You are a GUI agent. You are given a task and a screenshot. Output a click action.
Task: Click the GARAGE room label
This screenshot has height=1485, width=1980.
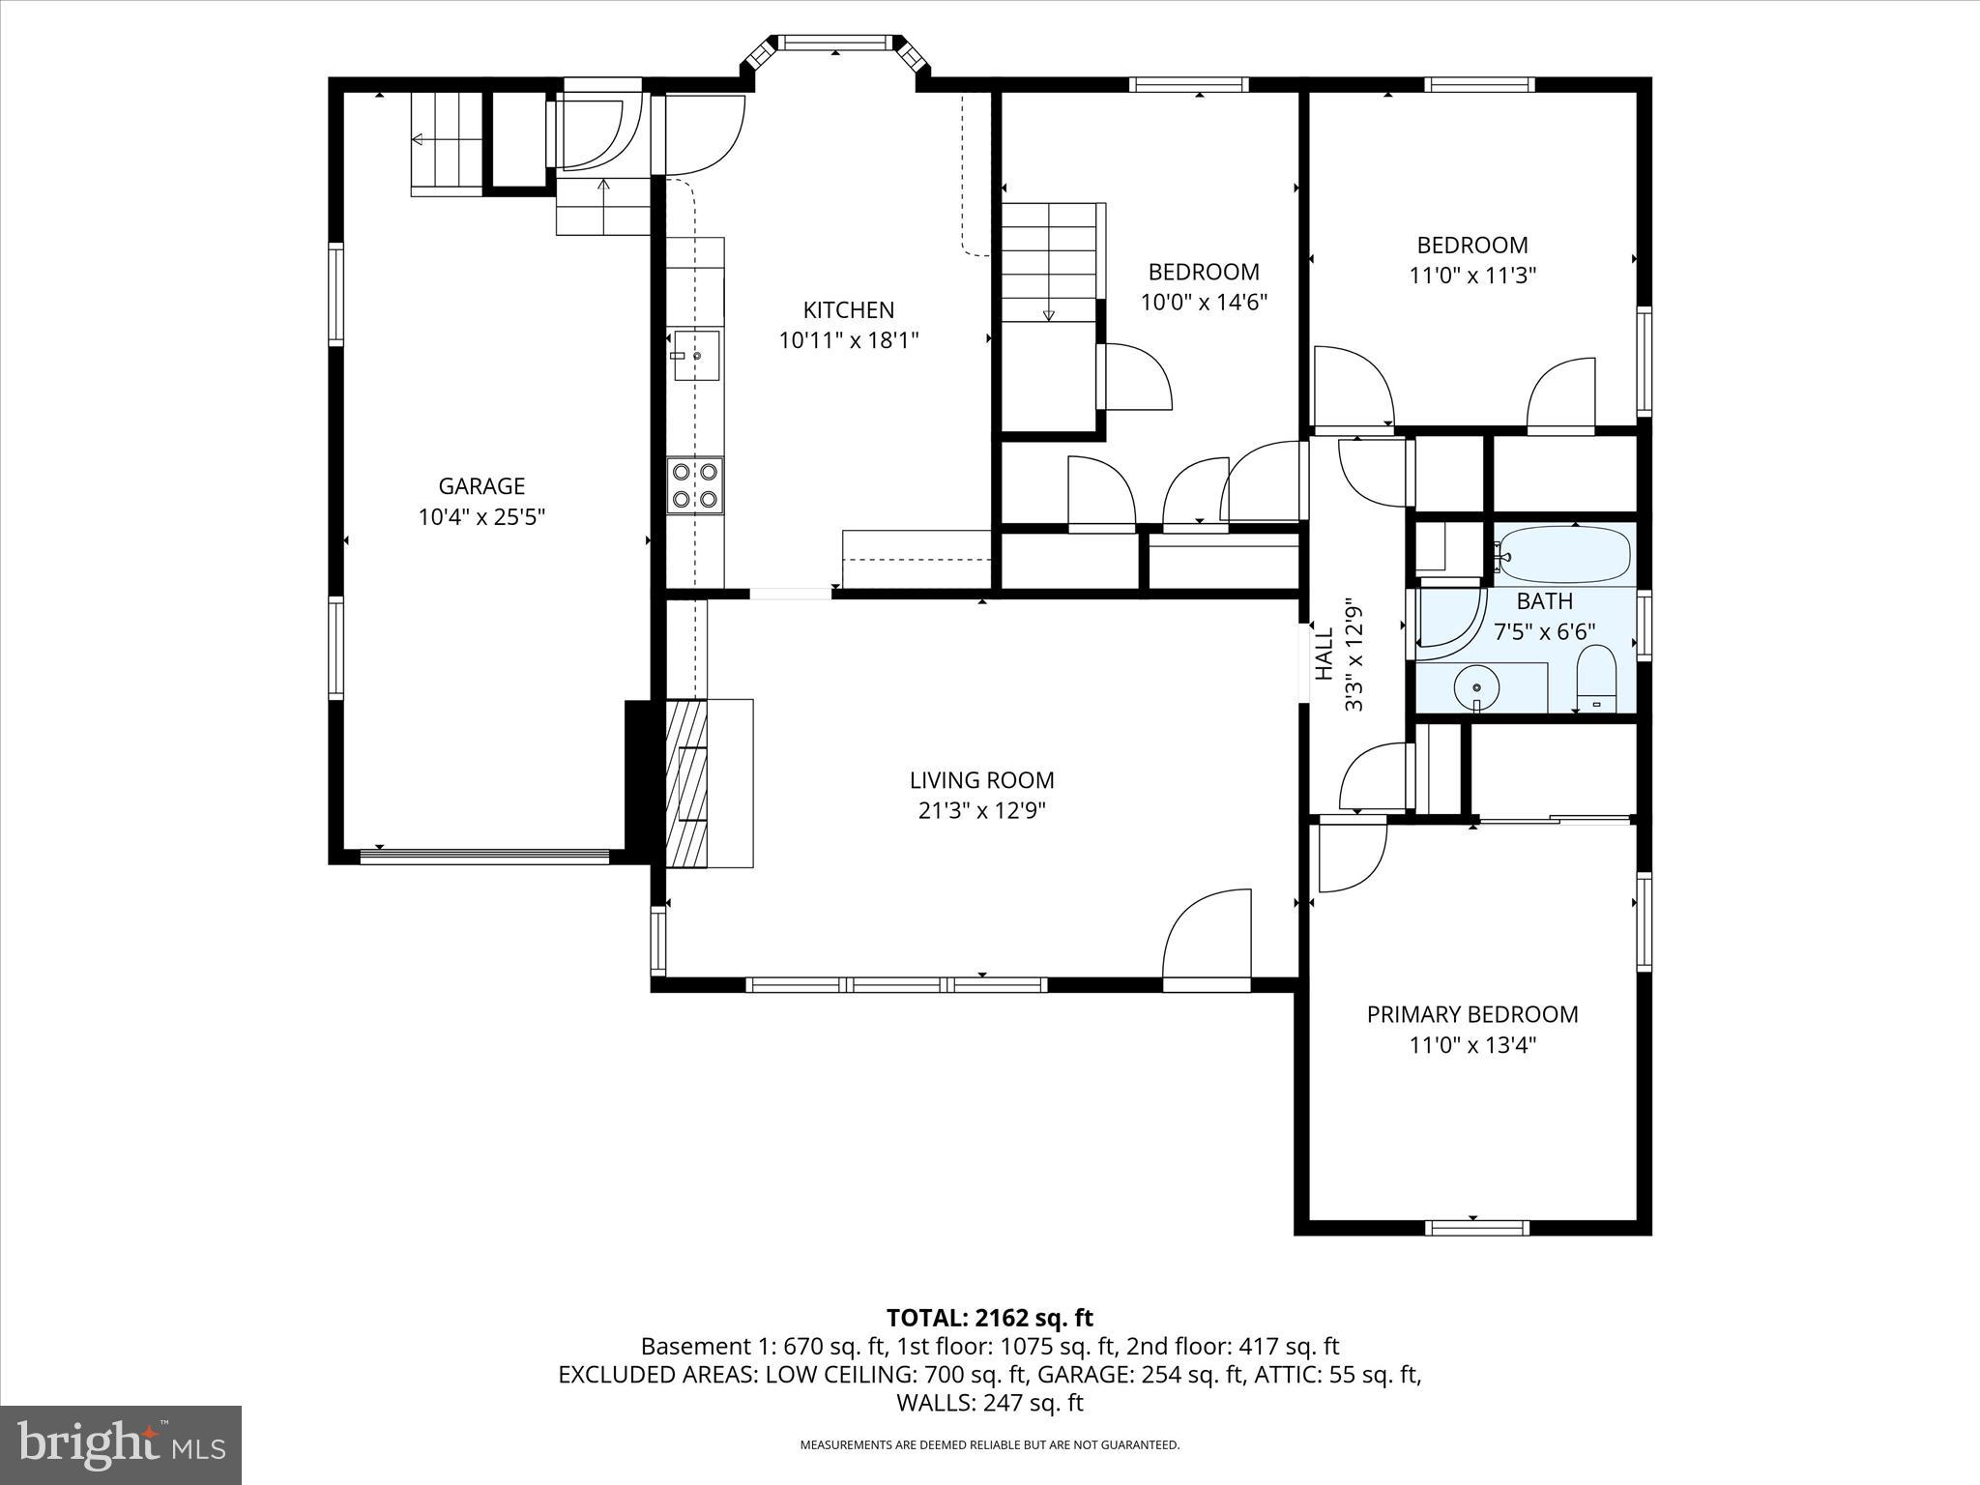[481, 486]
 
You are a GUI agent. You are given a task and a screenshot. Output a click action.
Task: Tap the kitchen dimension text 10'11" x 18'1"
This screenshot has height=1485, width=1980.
[849, 340]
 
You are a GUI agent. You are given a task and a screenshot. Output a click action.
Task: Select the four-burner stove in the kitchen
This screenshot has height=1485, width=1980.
[695, 485]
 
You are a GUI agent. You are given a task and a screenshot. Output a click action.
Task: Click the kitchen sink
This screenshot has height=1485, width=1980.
[696, 356]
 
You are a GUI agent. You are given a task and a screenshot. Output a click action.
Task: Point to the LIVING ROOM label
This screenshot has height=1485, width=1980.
[981, 780]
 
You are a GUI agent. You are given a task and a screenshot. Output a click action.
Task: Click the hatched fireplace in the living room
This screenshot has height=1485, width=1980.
[687, 784]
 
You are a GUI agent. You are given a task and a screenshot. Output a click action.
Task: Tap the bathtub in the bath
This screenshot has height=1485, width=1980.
[1563, 555]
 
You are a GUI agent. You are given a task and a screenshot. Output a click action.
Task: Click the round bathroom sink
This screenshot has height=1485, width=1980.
[1476, 687]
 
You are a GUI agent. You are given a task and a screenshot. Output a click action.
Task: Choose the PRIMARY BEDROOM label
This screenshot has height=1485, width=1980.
[1471, 1014]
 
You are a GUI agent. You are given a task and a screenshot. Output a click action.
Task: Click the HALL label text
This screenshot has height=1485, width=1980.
[1325, 655]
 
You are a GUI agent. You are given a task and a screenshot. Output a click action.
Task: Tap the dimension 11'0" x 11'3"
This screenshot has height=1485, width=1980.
[1472, 276]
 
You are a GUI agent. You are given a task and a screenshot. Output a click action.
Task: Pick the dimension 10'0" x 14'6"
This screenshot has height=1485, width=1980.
[1204, 303]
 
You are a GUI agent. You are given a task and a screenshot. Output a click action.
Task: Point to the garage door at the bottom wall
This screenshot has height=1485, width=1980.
[484, 855]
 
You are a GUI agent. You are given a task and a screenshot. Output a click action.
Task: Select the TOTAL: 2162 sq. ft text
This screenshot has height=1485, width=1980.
[989, 1318]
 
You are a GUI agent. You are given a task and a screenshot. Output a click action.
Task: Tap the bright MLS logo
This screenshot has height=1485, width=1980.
[121, 1444]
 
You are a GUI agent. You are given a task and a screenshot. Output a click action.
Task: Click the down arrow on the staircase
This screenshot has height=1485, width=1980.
[1048, 314]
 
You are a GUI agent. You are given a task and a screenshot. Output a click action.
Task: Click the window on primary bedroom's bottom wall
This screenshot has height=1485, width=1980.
[1476, 1228]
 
